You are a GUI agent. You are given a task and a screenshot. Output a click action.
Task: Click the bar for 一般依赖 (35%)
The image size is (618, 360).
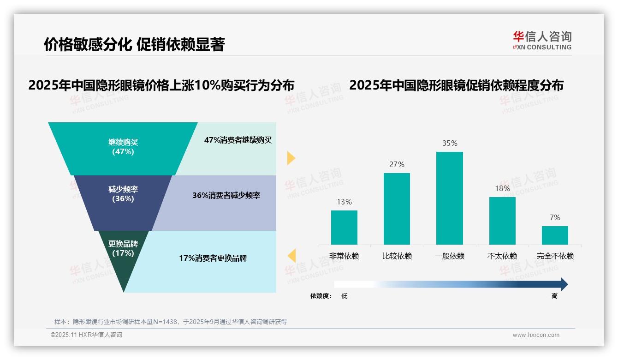click(x=449, y=198)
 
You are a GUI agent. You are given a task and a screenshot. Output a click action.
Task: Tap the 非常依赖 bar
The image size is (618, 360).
click(x=344, y=227)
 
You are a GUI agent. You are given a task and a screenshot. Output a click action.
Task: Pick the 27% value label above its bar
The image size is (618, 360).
click(x=397, y=164)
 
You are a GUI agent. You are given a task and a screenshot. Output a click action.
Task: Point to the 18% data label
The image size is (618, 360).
click(x=502, y=188)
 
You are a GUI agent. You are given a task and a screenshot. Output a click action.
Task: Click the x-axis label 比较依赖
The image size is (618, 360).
click(x=397, y=256)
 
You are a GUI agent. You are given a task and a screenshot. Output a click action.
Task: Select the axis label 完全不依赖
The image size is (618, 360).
click(x=555, y=256)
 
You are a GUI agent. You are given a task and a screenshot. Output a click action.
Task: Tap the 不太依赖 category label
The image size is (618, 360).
click(x=502, y=256)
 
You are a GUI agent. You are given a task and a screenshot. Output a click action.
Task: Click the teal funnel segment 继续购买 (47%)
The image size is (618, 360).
click(x=123, y=148)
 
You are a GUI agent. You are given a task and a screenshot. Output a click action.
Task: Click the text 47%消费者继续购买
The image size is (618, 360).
click(x=238, y=140)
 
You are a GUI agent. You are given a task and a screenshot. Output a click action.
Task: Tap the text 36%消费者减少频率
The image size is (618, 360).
click(x=226, y=195)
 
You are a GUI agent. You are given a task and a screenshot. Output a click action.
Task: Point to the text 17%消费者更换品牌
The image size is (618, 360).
click(x=213, y=258)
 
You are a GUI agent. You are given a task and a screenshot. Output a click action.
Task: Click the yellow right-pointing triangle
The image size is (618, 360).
click(x=291, y=158)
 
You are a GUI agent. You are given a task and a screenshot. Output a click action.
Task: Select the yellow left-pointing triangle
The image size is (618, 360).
click(x=291, y=255)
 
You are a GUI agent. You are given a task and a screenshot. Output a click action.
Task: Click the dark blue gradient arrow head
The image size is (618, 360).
click(x=563, y=284)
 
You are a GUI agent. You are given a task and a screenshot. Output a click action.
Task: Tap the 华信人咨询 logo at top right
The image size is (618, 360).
click(x=542, y=40)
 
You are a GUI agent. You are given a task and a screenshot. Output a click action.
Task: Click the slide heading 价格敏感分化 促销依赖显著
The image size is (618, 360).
click(x=134, y=45)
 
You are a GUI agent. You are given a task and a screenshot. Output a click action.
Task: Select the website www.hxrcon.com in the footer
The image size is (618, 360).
click(x=536, y=335)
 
